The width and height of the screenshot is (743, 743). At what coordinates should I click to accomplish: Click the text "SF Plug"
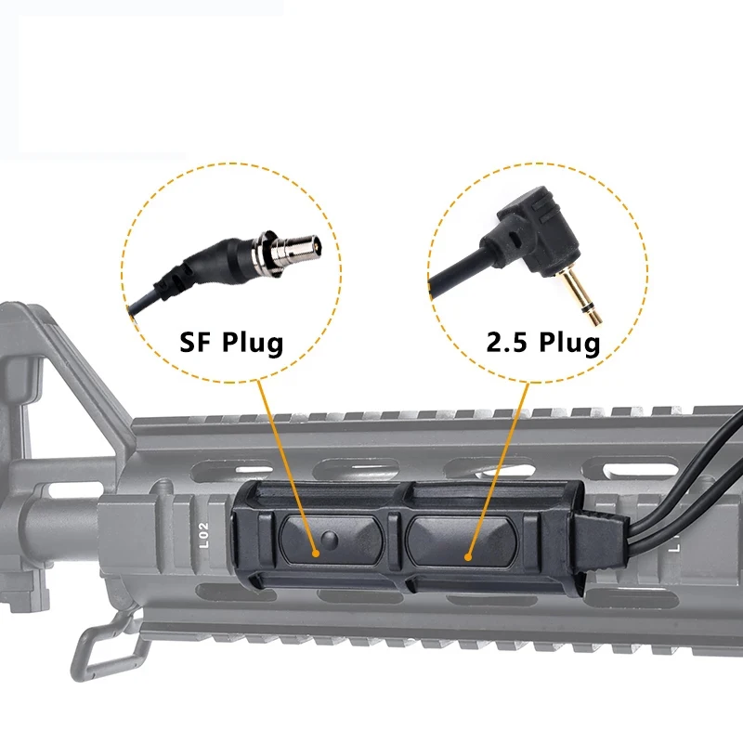(231, 342)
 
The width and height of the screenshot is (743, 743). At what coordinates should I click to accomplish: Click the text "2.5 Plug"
(543, 342)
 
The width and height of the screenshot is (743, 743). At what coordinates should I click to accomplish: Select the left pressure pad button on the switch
(332, 540)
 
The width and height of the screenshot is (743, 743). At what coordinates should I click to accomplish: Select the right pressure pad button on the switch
(462, 541)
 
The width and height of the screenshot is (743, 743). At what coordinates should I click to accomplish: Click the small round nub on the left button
(329, 539)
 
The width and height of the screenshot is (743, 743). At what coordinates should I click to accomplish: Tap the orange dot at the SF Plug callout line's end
(316, 553)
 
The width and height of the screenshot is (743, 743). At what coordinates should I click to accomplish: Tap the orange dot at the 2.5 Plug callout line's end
(468, 557)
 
